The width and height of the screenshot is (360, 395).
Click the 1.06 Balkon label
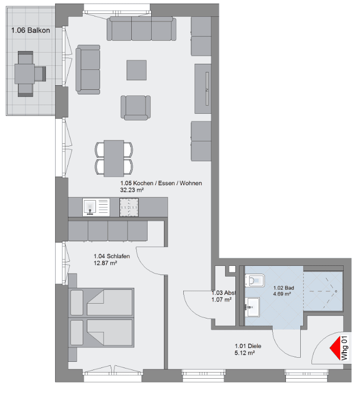[x=30, y=30]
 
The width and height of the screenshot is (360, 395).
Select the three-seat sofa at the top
[x=141, y=29]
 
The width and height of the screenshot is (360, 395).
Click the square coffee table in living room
[x=137, y=70]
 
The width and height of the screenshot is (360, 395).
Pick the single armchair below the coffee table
[x=136, y=107]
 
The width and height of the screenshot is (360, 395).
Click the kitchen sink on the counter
[x=90, y=206]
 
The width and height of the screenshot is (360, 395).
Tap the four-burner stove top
[x=129, y=207]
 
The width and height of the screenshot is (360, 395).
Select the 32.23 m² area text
[x=132, y=190]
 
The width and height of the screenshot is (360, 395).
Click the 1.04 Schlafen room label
[x=111, y=257]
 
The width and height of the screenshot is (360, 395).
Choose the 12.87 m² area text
[x=106, y=263]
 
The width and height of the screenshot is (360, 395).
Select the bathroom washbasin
[x=253, y=306]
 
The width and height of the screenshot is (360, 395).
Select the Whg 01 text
[x=344, y=349]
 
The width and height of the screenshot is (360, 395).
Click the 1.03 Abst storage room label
[x=223, y=293]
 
